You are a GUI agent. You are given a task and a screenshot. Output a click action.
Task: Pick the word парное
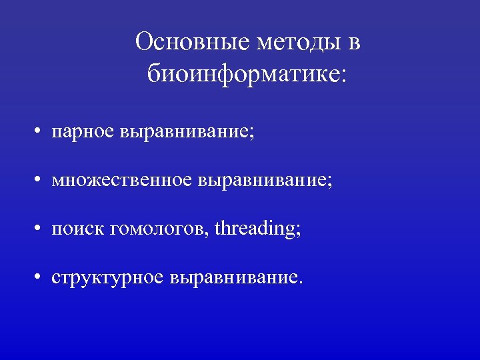click(84, 131)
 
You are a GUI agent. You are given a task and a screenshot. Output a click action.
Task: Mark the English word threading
click(255, 229)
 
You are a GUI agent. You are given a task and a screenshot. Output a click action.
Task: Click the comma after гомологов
click(211, 234)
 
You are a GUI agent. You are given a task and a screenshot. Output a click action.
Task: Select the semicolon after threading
click(298, 231)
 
